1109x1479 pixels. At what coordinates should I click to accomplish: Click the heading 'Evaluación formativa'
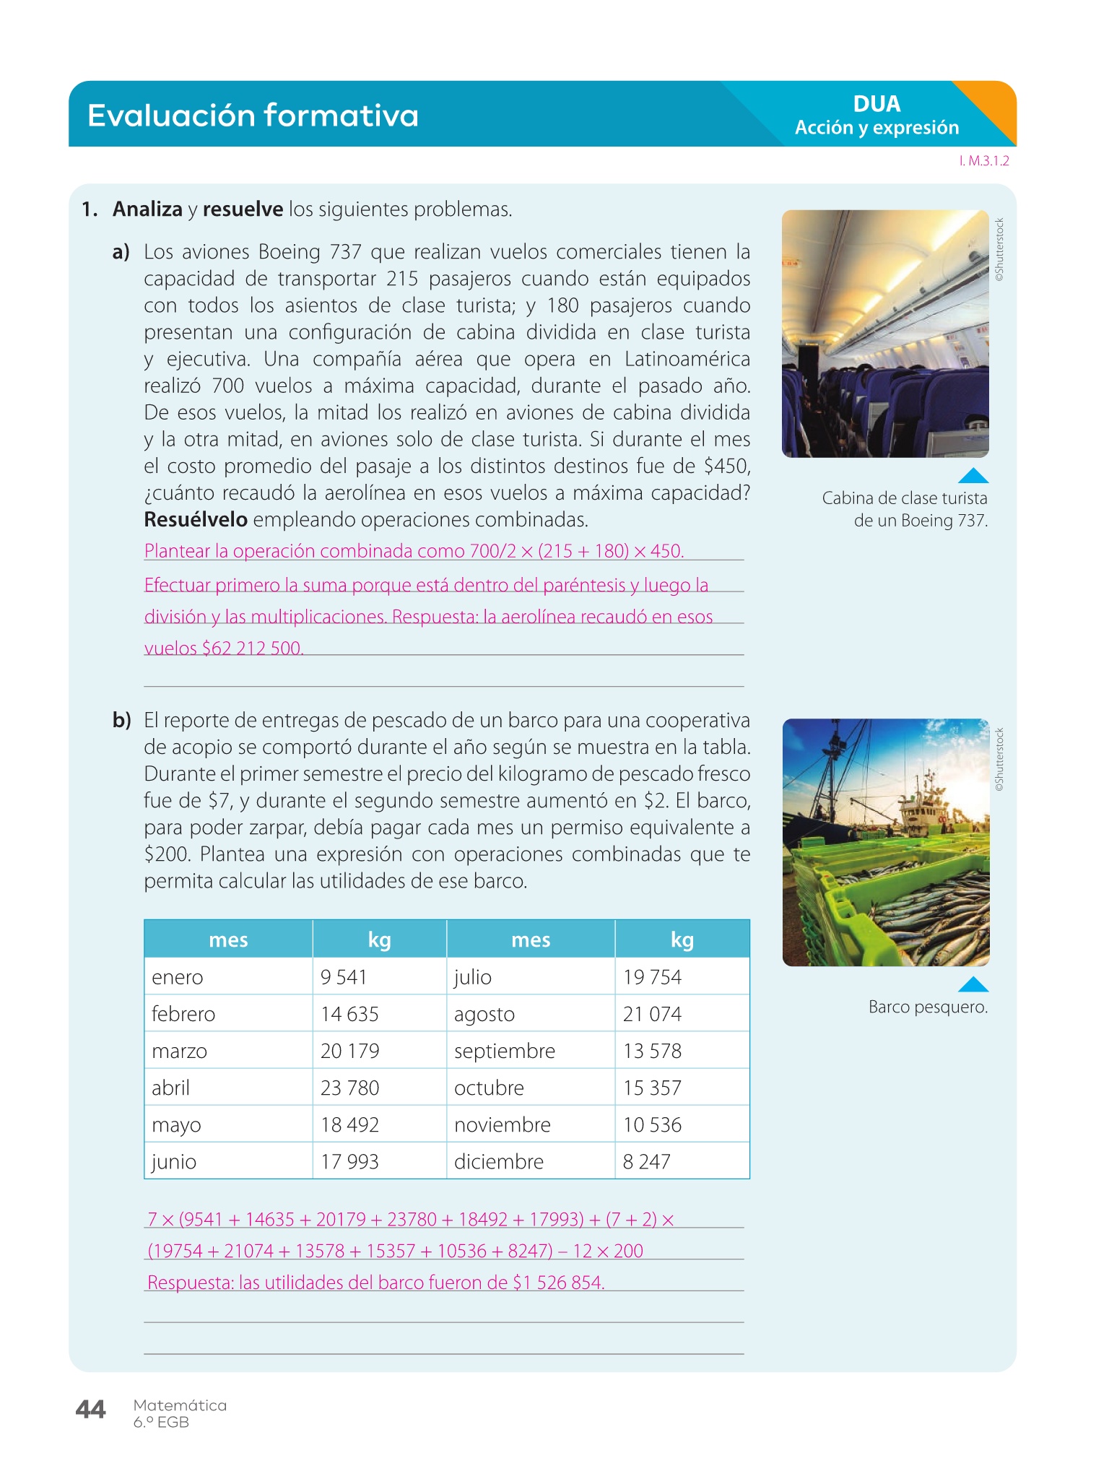coord(253,116)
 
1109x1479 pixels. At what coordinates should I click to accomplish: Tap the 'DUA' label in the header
coord(877,104)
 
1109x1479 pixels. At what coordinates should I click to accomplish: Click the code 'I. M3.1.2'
coord(984,161)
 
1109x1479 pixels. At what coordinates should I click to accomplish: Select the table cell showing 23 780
coord(349,1088)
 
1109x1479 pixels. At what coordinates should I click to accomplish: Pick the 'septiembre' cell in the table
coord(504,1051)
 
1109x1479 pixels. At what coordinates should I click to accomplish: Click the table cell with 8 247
coord(646,1161)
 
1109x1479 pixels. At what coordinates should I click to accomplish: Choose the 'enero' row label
coord(178,977)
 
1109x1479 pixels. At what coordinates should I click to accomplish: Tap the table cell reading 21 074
coord(652,1014)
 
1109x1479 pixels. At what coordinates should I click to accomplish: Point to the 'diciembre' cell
coord(498,1161)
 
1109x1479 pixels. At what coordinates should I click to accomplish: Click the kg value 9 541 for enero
coord(344,977)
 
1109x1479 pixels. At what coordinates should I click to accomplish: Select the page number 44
coord(90,1409)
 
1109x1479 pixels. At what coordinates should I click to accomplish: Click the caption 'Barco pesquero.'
coord(928,1007)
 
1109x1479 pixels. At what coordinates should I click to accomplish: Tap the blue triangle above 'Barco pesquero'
coord(973,984)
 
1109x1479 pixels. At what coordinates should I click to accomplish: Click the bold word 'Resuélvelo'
coord(196,520)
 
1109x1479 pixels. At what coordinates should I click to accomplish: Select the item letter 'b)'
coord(121,721)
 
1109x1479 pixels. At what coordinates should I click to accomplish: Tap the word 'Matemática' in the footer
coord(180,1405)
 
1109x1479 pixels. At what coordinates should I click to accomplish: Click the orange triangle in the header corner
coord(993,105)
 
